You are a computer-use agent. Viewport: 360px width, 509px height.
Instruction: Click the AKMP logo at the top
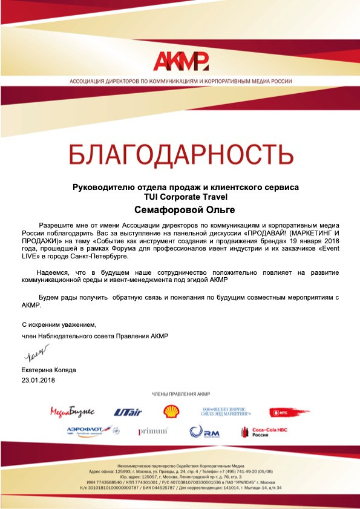coord(180,61)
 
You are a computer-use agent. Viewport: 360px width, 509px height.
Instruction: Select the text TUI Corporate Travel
coord(180,197)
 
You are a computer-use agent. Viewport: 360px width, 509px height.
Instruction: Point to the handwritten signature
coord(35,353)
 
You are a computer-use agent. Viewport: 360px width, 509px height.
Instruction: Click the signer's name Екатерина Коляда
coord(48,370)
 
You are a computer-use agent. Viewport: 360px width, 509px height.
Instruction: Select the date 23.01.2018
coord(38,380)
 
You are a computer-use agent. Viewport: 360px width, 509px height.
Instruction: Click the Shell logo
coord(171,412)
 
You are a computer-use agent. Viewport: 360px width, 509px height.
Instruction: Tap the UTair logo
coord(127,412)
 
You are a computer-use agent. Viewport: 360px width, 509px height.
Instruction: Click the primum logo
coord(152,431)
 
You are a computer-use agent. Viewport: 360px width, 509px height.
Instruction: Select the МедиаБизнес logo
coord(72,412)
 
